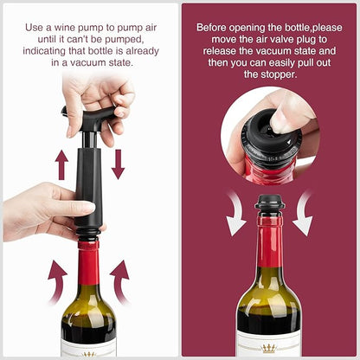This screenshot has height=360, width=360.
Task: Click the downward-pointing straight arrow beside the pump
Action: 118,164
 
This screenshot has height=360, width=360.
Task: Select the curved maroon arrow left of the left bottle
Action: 58,281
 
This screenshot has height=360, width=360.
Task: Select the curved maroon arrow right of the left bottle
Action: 120,281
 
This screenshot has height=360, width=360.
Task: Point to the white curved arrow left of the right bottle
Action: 236,214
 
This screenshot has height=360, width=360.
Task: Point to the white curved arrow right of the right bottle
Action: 303,214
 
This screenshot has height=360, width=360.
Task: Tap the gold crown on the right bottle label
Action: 268,349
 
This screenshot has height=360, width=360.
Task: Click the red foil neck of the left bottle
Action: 88,262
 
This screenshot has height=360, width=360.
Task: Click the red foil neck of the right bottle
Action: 270,241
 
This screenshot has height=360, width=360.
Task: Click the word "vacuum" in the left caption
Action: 87,62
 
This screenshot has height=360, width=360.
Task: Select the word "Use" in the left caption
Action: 34,28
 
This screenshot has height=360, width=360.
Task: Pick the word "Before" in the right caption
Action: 211,28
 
